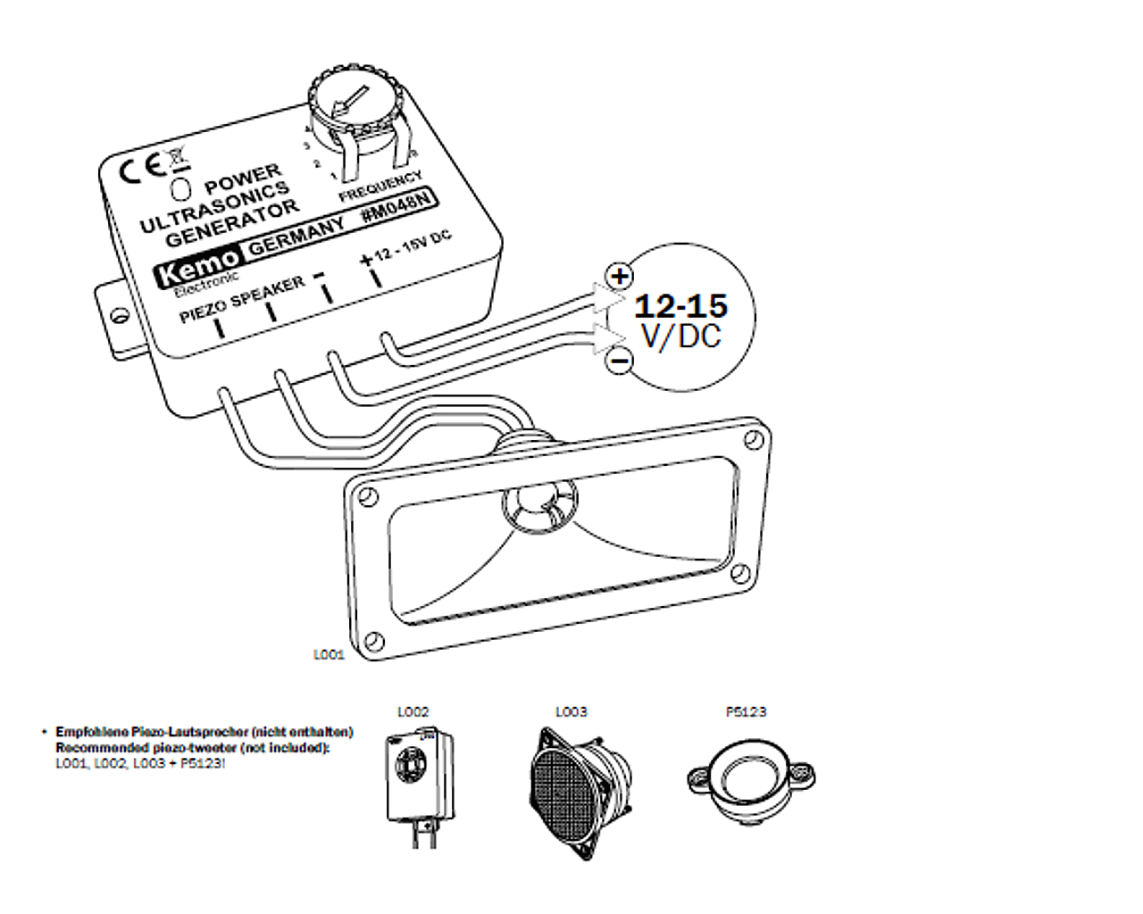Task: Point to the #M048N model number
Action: tap(399, 212)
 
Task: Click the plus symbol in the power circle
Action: tap(619, 275)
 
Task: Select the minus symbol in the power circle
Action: tap(619, 361)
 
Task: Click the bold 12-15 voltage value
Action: tap(680, 306)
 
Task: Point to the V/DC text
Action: tap(680, 337)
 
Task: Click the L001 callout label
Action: tap(328, 654)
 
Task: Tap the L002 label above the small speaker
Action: tap(413, 712)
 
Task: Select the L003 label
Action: tap(571, 712)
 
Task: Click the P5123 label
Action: tap(746, 712)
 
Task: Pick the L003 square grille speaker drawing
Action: tap(580, 790)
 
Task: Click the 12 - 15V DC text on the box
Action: tap(413, 246)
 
